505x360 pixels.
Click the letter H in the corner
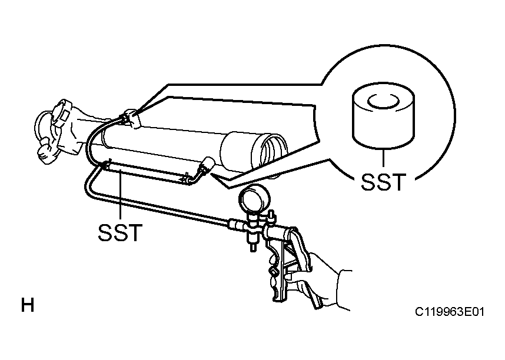[28, 305]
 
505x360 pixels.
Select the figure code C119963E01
[449, 312]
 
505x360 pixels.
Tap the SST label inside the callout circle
[383, 182]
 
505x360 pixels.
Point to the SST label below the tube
[120, 232]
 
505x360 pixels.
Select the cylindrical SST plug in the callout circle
[383, 117]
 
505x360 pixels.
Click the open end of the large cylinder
[274, 151]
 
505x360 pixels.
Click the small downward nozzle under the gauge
[253, 242]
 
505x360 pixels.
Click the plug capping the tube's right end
[205, 166]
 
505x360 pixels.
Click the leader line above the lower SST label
[120, 194]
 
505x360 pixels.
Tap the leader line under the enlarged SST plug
[383, 158]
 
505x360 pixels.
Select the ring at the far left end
[44, 128]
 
